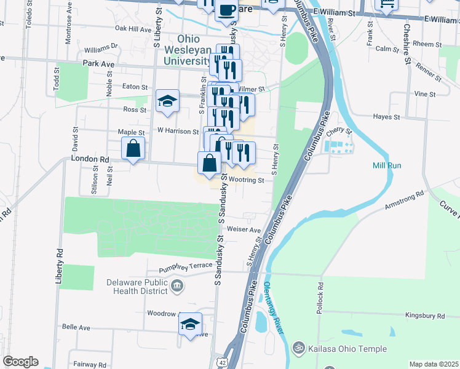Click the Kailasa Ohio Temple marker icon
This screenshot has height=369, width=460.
click(x=299, y=349)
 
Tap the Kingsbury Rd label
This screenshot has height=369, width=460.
click(x=425, y=315)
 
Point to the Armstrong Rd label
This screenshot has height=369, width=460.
click(x=405, y=200)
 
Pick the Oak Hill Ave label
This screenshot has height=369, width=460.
click(x=132, y=29)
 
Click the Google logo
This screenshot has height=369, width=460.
click(x=20, y=362)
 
